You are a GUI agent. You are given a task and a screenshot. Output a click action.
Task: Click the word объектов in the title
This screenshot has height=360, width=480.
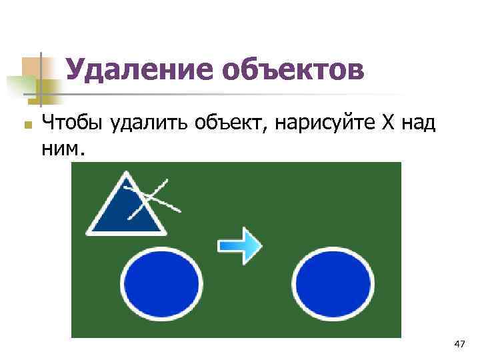pyautogui.click(x=293, y=70)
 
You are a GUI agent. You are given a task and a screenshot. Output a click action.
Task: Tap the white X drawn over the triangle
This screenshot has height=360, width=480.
pyautogui.click(x=153, y=198)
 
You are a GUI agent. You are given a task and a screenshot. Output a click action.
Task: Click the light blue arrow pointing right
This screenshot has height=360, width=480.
pyautogui.click(x=240, y=245)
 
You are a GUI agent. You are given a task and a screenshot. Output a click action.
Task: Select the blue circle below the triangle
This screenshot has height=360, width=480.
pyautogui.click(x=162, y=281)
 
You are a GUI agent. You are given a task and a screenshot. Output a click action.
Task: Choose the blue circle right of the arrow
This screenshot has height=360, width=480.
pyautogui.click(x=333, y=281)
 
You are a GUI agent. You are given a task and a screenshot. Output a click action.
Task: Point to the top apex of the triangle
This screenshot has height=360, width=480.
pyautogui.click(x=125, y=174)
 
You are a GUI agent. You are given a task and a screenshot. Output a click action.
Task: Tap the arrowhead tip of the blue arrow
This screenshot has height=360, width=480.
pyautogui.click(x=261, y=245)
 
